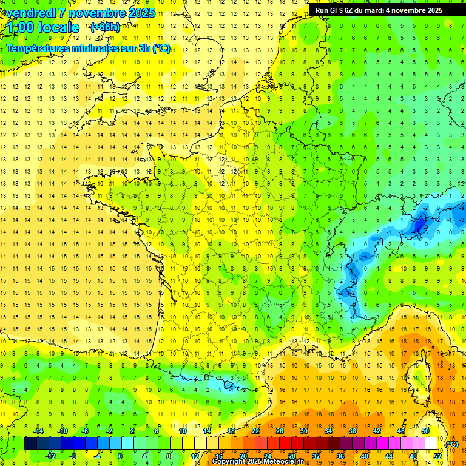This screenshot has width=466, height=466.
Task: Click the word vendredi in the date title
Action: pos(27,13)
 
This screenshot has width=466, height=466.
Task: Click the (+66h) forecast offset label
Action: pos(105,27)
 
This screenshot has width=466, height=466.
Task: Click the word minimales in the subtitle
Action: pos(104,49)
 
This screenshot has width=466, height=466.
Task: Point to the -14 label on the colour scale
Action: pos(38,431)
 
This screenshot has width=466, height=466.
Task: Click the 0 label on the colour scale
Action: pos(120,456)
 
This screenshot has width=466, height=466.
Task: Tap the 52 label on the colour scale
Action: pos(437,456)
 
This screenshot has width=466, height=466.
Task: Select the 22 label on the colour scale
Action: pos(255,431)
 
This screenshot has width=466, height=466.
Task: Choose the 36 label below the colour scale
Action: pos(340,456)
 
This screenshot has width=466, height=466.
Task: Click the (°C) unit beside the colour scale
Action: pos(452,444)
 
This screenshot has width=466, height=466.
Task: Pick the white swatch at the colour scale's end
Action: pos(431,444)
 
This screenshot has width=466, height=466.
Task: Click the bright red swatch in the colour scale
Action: pos(285,444)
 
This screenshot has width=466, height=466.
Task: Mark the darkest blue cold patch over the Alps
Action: pos(418,226)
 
